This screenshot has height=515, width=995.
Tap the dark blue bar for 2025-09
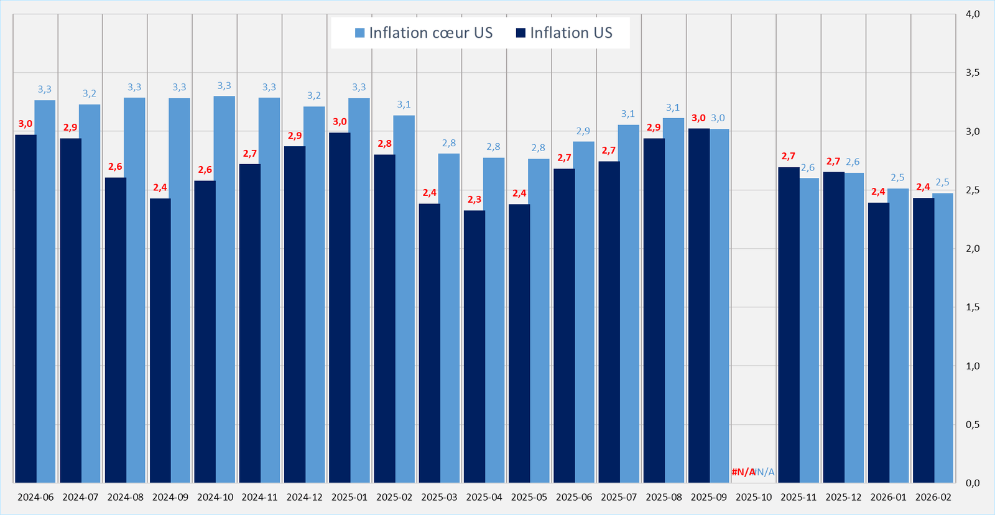coord(698,305)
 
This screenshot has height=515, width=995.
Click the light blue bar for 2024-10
coord(224,289)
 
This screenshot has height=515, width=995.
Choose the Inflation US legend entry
coord(564,33)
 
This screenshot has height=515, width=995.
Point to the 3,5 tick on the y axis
coord(972,73)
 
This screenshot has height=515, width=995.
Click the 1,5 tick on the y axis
coord(972,307)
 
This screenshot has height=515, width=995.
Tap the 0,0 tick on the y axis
coord(972,483)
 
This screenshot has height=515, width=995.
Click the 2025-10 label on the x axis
coord(753,498)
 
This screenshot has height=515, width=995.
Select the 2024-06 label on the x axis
coord(35,498)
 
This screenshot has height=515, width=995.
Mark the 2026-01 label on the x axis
coord(888,498)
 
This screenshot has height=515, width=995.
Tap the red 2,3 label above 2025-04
coord(474,200)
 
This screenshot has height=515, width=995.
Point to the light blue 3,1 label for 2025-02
coord(404,104)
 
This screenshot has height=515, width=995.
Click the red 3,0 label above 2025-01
coord(340,122)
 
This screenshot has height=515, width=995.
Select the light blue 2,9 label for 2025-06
coord(583,131)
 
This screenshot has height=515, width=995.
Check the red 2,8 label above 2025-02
coord(384,144)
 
